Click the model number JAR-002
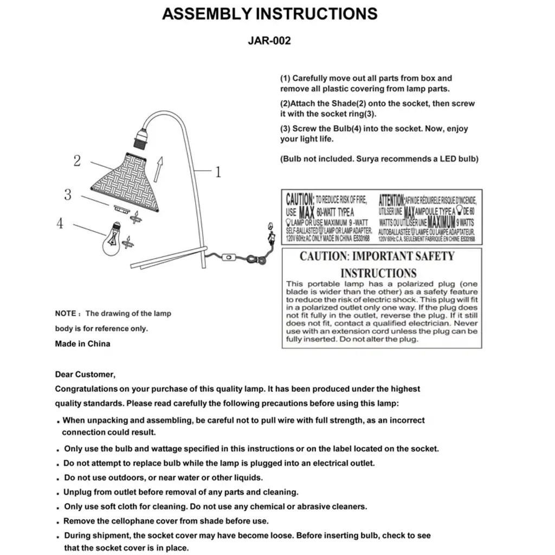point(269,41)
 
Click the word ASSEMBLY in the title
point(206,14)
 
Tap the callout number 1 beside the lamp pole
point(218,172)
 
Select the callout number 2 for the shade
point(77,160)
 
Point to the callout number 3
point(68,195)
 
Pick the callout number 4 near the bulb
point(60,223)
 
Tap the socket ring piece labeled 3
point(120,209)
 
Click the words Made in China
point(82,344)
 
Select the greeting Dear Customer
point(85,374)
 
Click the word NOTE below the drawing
point(66,313)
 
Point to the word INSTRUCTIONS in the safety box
point(378,273)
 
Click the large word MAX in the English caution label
point(307,211)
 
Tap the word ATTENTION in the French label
point(391,199)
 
